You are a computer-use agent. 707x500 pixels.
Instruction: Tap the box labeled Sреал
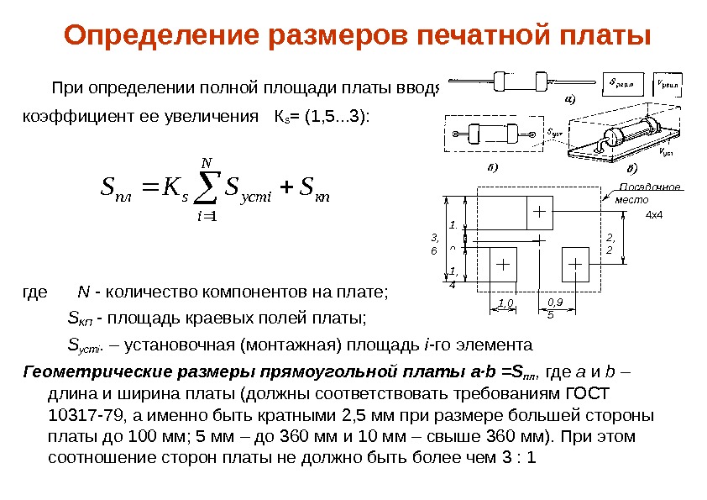(625, 83)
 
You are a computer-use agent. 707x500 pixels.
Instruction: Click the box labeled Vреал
(669, 83)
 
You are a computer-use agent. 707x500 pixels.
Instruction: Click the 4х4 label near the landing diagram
(654, 216)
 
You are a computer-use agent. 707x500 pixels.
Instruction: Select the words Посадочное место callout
(640, 194)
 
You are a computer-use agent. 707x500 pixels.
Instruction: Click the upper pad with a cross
(538, 211)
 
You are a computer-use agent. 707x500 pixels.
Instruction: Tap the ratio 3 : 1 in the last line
(517, 458)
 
